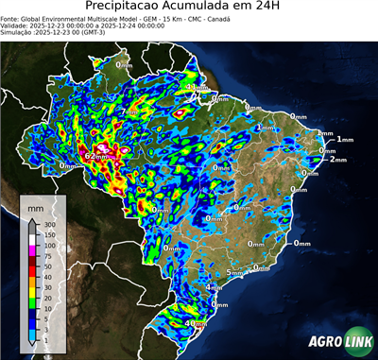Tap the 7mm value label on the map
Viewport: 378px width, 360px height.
129,112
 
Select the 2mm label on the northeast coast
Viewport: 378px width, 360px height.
338,160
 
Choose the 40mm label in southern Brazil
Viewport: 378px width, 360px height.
196,324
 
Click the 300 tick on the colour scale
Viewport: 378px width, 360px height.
47,223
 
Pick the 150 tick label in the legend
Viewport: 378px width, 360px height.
47,233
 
